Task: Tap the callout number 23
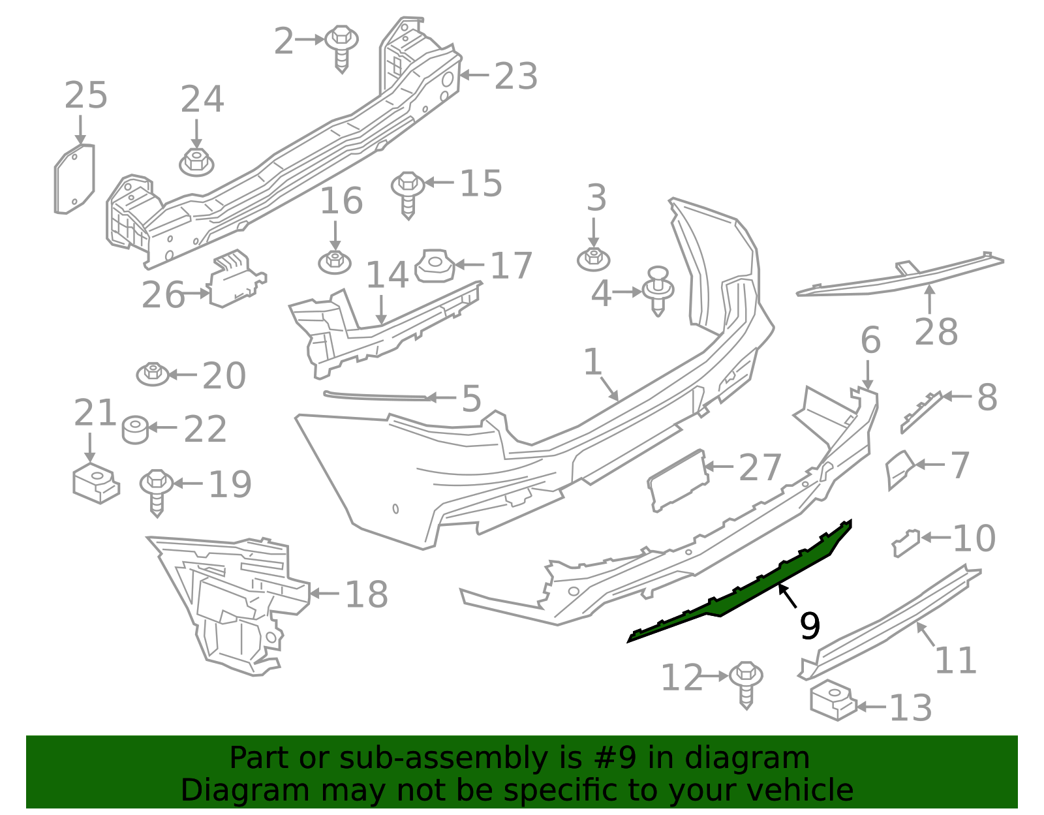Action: point(515,76)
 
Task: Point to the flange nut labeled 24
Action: point(196,161)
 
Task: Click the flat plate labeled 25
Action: point(74,179)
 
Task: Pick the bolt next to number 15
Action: point(408,192)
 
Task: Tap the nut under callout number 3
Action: point(594,258)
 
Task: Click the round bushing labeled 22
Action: point(135,429)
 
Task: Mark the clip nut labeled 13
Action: point(833,701)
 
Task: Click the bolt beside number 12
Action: point(746,682)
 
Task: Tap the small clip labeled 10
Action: point(906,542)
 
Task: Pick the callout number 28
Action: point(936,331)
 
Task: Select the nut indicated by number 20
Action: point(153,375)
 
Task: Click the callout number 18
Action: point(366,594)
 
